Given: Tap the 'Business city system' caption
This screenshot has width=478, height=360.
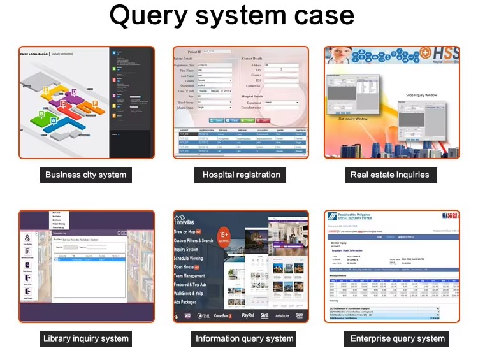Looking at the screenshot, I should tap(86, 175).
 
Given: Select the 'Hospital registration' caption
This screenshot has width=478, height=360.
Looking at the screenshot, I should tap(241, 175).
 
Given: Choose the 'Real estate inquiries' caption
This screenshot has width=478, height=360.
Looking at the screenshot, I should tap(390, 175).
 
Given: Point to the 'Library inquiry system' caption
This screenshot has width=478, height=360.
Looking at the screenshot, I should tap(86, 338).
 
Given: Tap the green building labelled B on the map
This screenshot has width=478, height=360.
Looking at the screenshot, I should tap(41, 115).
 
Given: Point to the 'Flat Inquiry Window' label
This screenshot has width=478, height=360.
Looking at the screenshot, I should tap(351, 119).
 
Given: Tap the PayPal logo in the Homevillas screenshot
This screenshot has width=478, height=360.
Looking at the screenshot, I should tap(248, 315).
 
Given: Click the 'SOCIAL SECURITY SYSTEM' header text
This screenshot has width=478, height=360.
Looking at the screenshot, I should tap(361, 220).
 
